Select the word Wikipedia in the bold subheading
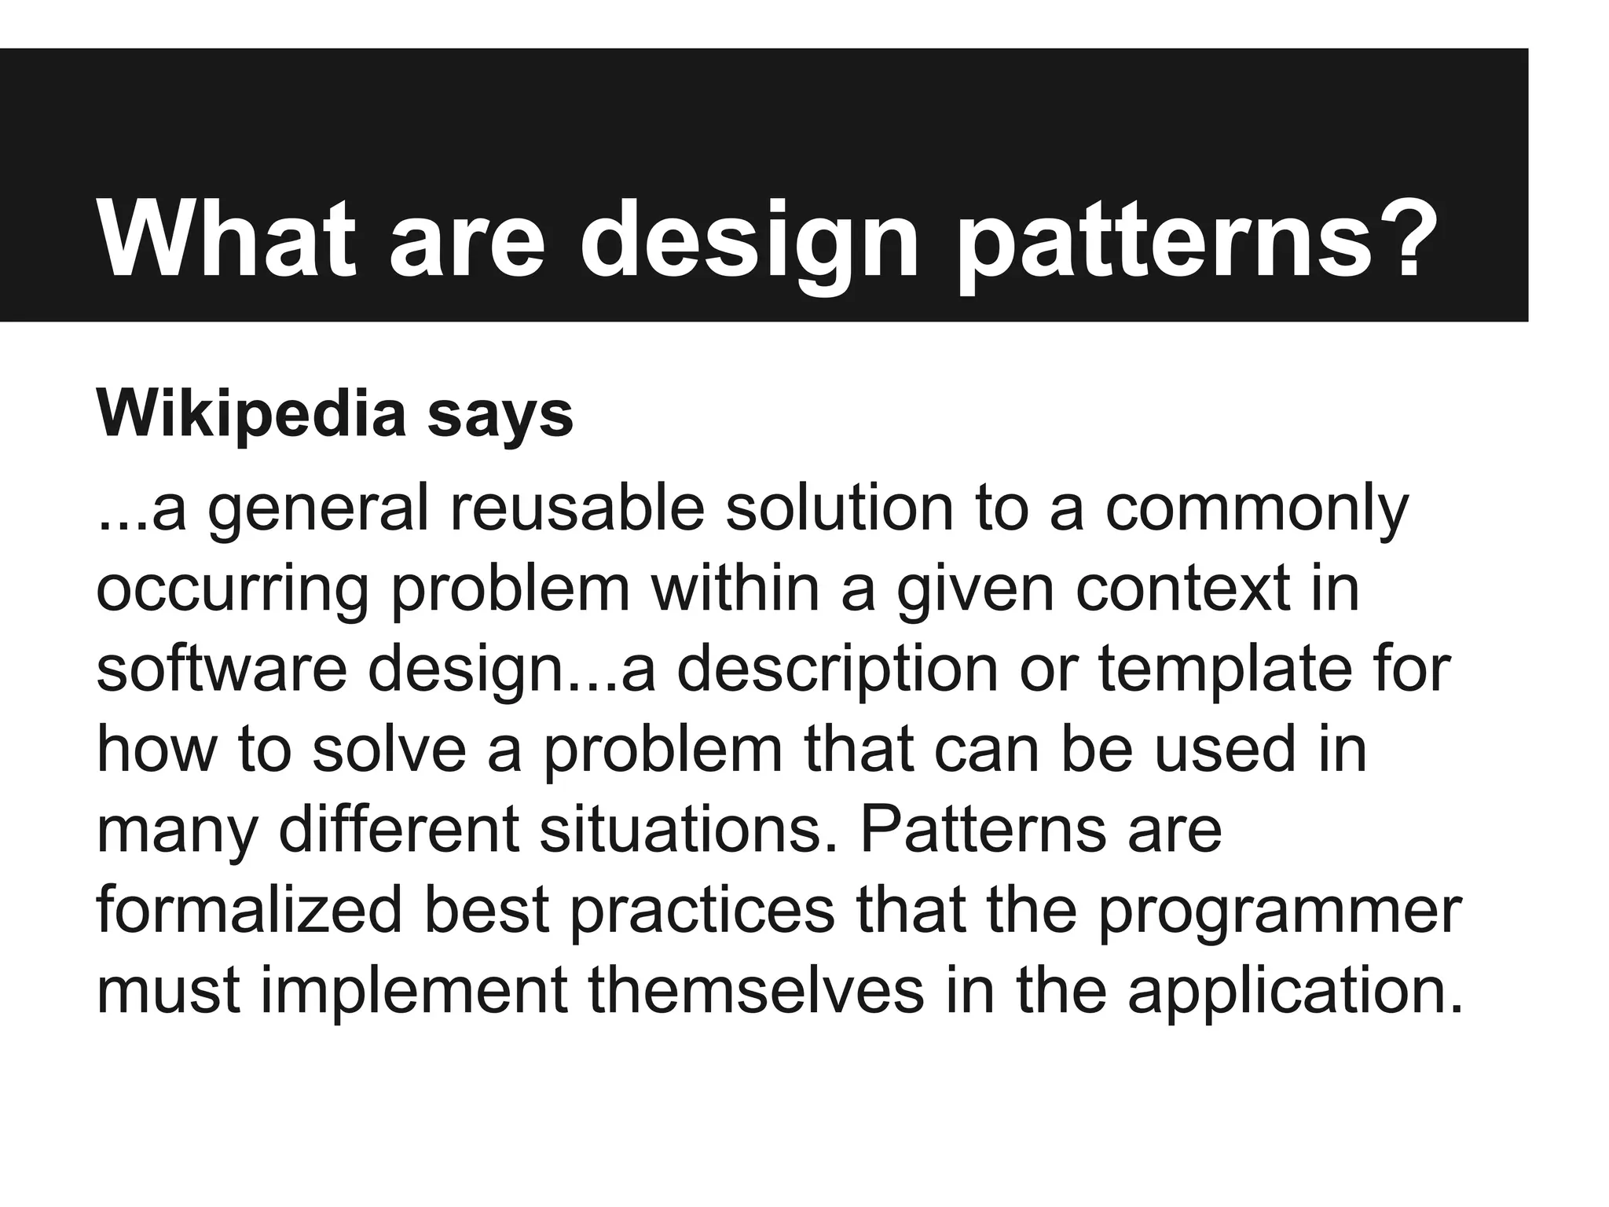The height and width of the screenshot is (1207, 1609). pos(251,414)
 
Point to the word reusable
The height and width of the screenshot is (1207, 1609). pos(577,508)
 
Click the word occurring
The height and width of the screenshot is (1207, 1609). pos(232,591)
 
